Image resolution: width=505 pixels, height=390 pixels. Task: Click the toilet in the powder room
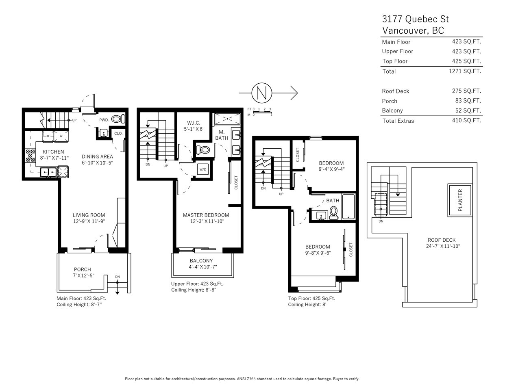(118, 119)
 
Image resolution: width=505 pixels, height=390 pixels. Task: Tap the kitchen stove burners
(30, 155)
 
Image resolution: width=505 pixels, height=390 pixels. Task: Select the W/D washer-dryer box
(202, 169)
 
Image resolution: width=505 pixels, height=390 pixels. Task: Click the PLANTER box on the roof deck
(460, 200)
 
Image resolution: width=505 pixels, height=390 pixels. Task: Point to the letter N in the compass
(262, 93)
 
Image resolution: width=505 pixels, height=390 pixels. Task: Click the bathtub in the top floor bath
(348, 207)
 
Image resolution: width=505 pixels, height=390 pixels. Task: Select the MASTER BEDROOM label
(206, 215)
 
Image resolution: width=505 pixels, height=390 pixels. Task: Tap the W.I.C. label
(194, 123)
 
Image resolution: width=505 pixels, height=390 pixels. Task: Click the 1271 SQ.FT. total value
(465, 71)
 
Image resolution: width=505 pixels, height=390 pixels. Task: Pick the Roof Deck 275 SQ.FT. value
(466, 91)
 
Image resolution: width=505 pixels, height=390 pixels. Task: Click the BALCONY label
(201, 261)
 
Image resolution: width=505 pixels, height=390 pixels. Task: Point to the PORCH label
(83, 269)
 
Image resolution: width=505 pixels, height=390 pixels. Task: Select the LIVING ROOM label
(89, 215)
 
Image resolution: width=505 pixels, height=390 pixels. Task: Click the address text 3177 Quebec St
(416, 19)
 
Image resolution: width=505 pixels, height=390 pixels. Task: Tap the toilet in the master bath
(202, 149)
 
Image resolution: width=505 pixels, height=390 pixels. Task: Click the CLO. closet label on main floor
(118, 134)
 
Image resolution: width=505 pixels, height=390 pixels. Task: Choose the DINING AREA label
(97, 157)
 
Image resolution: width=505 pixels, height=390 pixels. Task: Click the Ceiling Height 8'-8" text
(194, 290)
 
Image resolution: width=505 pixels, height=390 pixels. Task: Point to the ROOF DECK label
(442, 240)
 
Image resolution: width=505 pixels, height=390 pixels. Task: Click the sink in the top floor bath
(322, 216)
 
